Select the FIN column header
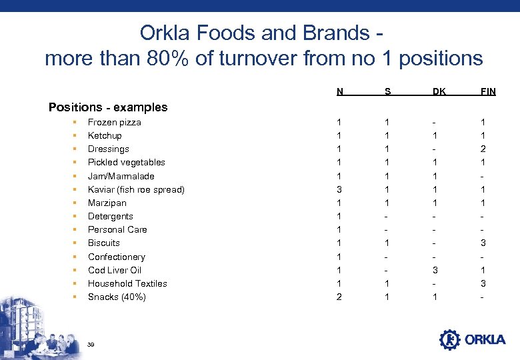[x=488, y=91]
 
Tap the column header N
[x=340, y=91]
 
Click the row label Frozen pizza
[x=115, y=123]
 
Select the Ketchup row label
[x=105, y=136]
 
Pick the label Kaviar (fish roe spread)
[x=136, y=189]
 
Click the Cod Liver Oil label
[x=115, y=270]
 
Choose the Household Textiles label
[x=127, y=283]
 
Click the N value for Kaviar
[x=340, y=189]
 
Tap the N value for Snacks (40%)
[x=340, y=297]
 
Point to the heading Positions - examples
[x=108, y=107]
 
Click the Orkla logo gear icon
[x=449, y=339]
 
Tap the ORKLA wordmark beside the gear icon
[x=485, y=340]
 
